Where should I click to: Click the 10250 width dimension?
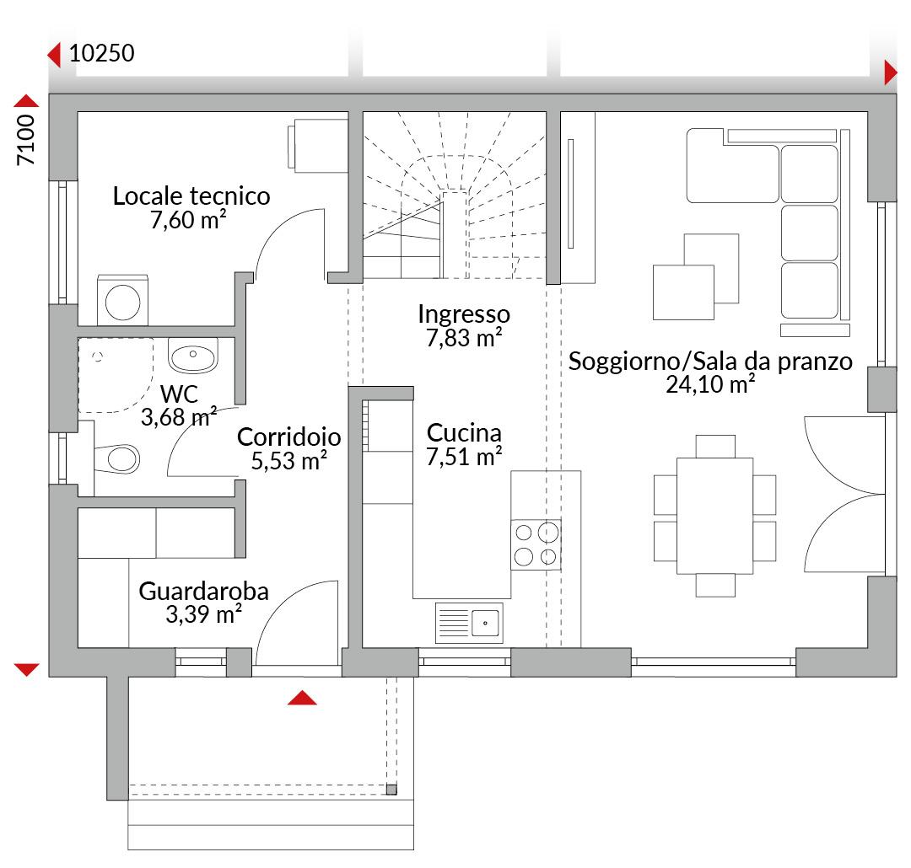(102, 53)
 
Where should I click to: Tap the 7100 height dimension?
(26, 140)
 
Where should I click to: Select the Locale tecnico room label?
(191, 196)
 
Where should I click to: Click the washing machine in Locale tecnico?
(122, 301)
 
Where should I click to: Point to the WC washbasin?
(193, 356)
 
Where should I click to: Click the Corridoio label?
(288, 437)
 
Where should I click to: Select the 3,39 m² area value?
(204, 614)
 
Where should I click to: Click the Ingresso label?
(464, 314)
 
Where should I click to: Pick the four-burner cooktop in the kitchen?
(536, 544)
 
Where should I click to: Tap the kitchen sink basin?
(485, 624)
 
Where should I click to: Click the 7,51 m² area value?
(464, 457)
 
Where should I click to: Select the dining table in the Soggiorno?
(714, 516)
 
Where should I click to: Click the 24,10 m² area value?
(710, 384)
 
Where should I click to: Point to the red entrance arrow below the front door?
(302, 697)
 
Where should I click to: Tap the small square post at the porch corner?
(391, 790)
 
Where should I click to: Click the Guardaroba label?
(204, 592)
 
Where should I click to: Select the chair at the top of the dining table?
(715, 447)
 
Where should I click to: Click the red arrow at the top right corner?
(891, 73)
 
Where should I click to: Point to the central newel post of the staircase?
(455, 234)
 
